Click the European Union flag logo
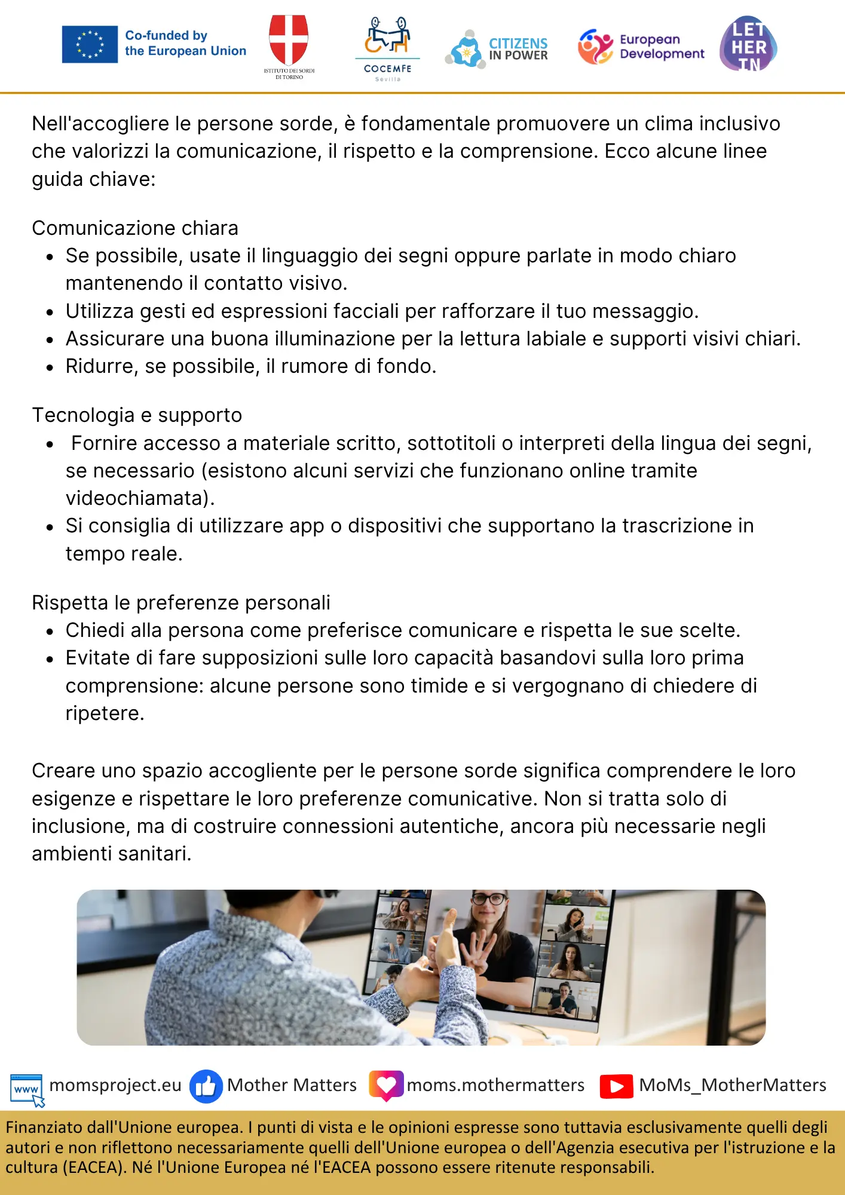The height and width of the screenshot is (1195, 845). click(x=90, y=44)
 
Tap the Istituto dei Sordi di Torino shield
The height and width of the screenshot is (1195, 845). click(x=289, y=41)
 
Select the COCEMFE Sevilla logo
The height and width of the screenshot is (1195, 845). click(x=387, y=48)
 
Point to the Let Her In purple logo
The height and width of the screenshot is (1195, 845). click(x=748, y=44)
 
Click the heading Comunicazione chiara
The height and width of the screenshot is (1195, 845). click(x=135, y=228)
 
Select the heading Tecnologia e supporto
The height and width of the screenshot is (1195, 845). click(x=137, y=415)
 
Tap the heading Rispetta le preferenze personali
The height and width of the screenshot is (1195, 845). click(x=181, y=603)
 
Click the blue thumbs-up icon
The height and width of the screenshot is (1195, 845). click(x=206, y=1086)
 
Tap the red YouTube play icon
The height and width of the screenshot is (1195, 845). click(x=616, y=1086)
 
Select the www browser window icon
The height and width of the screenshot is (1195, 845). click(x=27, y=1089)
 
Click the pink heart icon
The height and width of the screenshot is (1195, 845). click(x=386, y=1085)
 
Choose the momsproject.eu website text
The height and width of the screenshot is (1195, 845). click(x=115, y=1085)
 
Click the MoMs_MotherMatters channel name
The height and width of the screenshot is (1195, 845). click(x=733, y=1085)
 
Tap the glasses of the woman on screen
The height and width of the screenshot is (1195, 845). click(x=489, y=899)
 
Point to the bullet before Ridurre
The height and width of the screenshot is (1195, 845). click(x=50, y=367)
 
